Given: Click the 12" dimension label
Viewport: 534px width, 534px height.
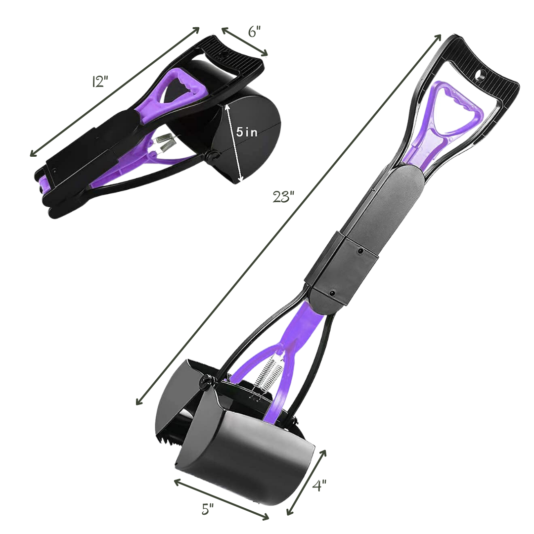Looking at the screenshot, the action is tap(100, 82).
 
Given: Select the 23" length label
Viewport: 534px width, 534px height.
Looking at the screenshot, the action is tap(283, 197).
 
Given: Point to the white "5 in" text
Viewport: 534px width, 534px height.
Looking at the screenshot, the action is tap(247, 132).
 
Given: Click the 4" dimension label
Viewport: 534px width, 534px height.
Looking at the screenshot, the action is tap(319, 485).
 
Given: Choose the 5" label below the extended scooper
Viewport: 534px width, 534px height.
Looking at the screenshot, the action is tap(207, 509).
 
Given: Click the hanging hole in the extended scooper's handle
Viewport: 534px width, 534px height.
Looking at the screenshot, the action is tap(480, 75).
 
